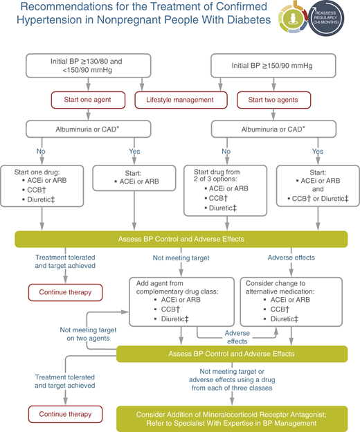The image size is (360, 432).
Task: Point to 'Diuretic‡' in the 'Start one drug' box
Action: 51,208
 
